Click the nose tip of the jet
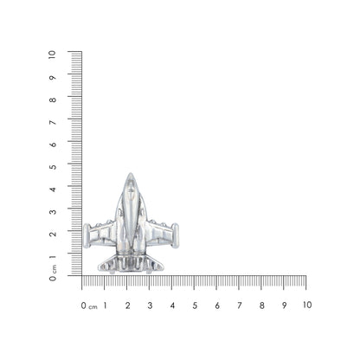coord(131,175)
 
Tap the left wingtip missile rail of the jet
coord(87,235)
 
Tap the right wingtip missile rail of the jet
coord(176,235)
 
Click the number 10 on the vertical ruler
coord(53,54)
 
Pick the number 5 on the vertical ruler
coord(53,166)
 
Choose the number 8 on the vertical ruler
coord(53,99)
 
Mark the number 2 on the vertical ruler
coord(53,234)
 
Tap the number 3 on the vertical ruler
coord(53,211)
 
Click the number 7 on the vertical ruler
coord(53,121)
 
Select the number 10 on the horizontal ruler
coord(305,305)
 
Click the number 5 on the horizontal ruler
coord(195,305)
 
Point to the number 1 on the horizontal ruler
coord(105,305)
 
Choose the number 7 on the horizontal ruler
coord(240,305)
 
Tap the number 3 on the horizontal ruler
coord(150,305)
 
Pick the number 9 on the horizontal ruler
coord(285,305)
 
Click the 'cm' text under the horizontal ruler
coord(93,306)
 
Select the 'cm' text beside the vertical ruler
coord(54,267)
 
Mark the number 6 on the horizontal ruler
coord(217,305)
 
